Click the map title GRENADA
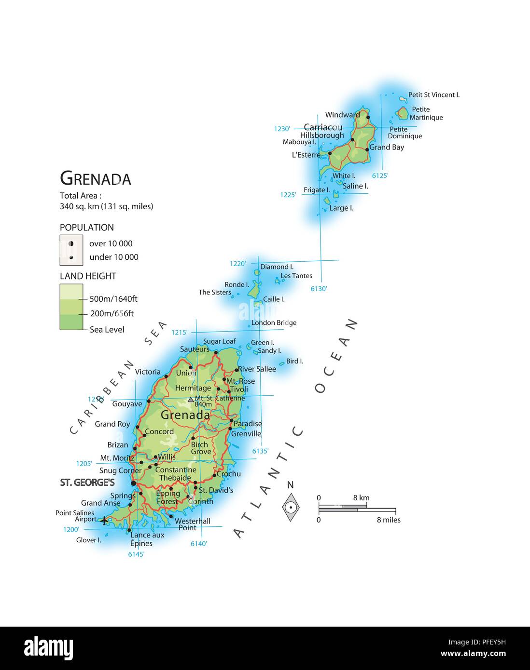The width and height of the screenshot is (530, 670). [x=96, y=179]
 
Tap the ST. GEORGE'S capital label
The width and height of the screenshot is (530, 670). [x=87, y=482]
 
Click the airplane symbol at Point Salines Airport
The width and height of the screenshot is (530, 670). [x=104, y=521]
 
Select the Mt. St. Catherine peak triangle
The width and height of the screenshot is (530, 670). [x=191, y=400]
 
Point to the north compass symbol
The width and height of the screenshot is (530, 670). [x=291, y=507]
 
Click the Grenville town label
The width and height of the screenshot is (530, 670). [x=246, y=434]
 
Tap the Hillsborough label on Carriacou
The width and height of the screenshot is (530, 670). [x=322, y=135]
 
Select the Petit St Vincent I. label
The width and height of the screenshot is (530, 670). [x=434, y=95]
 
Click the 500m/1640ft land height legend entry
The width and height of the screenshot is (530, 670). [x=113, y=299]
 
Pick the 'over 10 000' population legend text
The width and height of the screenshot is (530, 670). [x=111, y=243]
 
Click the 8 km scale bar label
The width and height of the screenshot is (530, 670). [x=361, y=498]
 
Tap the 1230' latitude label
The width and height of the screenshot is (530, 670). [x=282, y=129]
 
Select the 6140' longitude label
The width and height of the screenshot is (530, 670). [x=198, y=544]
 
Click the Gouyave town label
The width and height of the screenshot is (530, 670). [x=127, y=404]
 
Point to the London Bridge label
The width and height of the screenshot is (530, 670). [x=274, y=323]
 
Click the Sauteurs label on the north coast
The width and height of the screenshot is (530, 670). [x=195, y=349]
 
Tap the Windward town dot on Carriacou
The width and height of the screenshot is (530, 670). [x=368, y=117]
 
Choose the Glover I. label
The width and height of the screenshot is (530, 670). [x=89, y=540]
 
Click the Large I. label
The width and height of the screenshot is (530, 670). [x=341, y=208]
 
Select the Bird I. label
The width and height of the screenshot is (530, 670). [x=294, y=361]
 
